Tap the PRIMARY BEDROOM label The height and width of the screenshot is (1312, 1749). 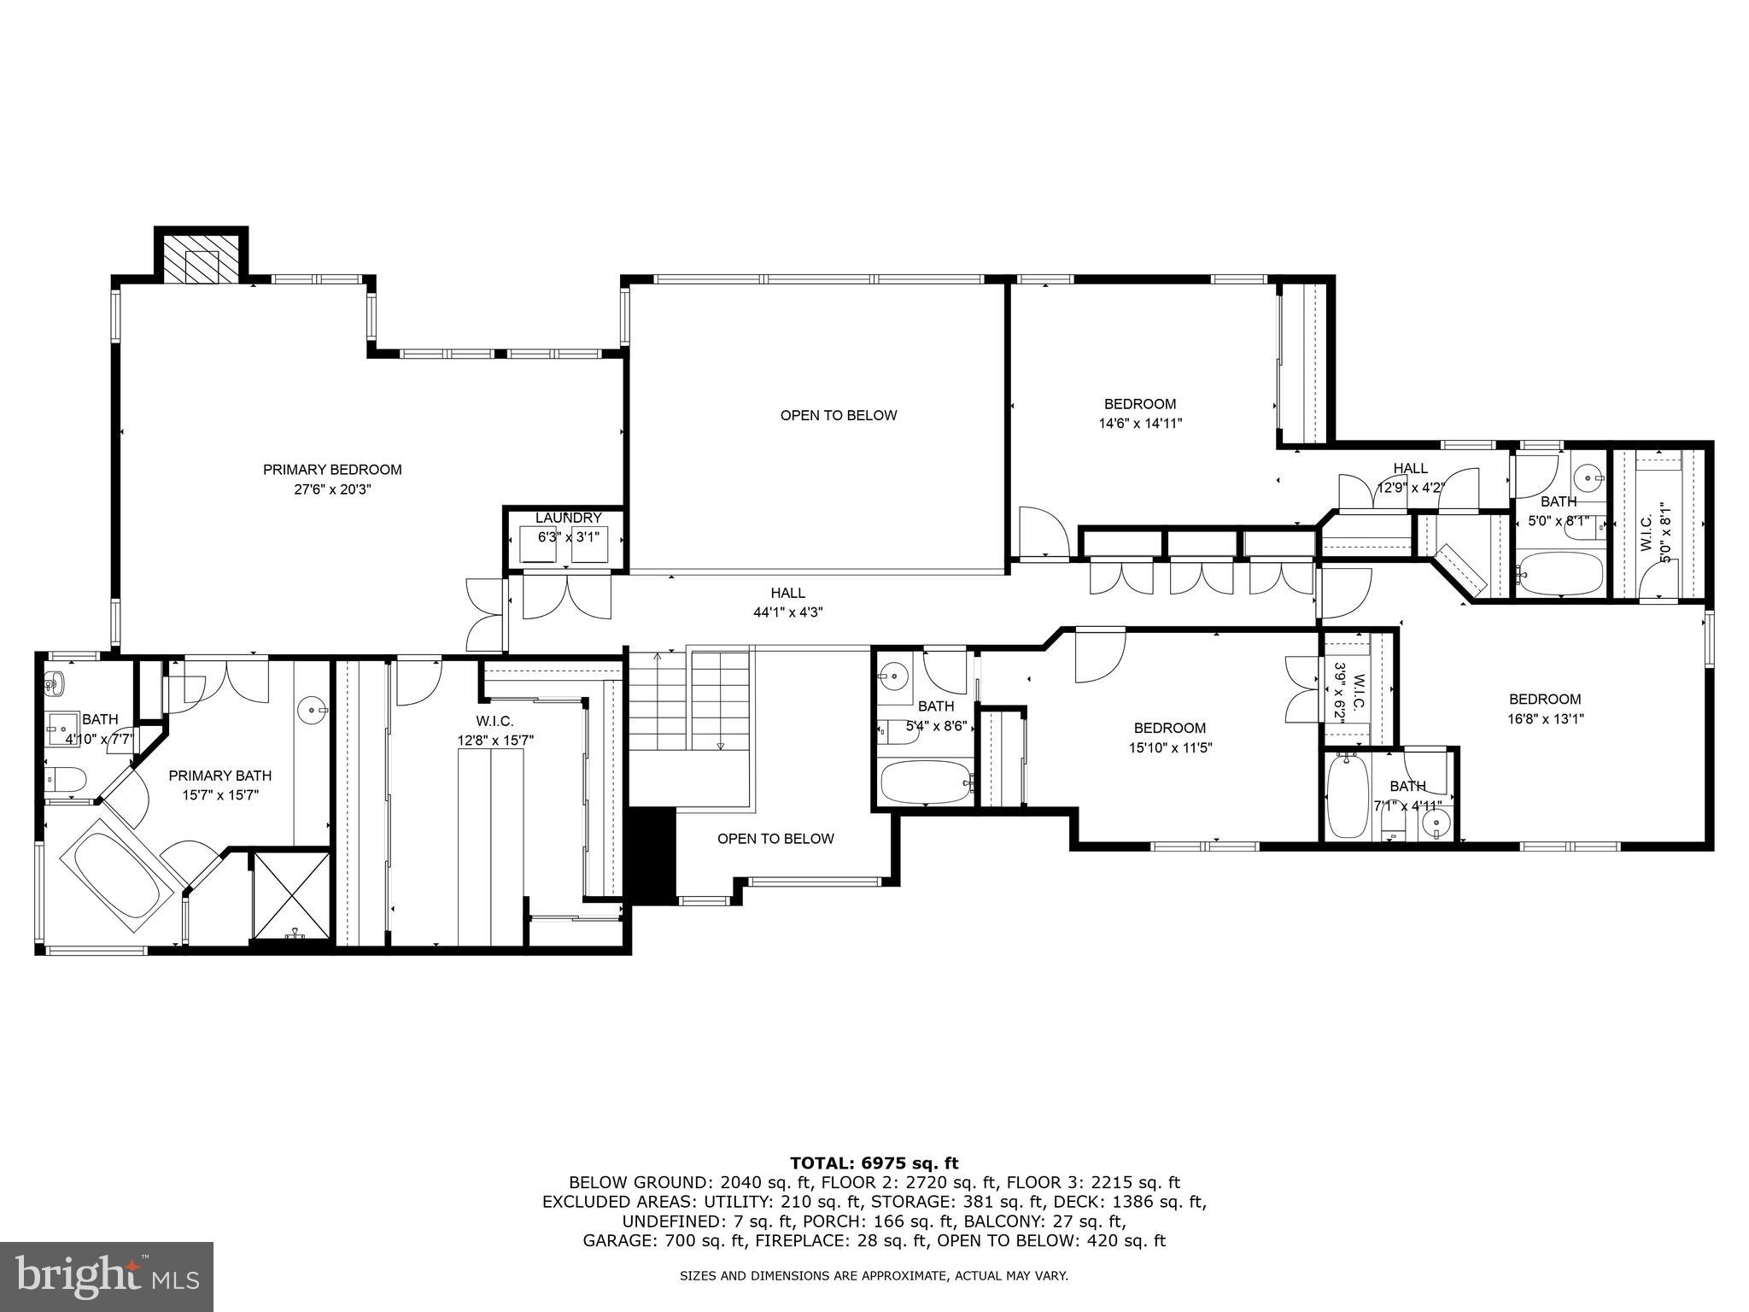tap(331, 470)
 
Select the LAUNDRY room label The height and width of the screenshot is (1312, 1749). tap(568, 518)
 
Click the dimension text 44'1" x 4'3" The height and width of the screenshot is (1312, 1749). tap(787, 612)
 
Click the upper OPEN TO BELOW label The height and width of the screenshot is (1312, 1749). tap(838, 416)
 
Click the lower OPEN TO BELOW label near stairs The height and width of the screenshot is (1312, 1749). tap(775, 839)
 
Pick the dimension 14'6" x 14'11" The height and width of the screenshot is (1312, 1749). tap(1140, 423)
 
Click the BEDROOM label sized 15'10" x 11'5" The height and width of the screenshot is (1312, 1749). tap(1169, 728)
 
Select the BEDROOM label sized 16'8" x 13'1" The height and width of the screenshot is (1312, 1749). tap(1544, 699)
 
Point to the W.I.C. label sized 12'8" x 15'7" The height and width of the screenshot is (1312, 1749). tap(494, 721)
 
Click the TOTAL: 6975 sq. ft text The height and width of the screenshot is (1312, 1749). tap(874, 1163)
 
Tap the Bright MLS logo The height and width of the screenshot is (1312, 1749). tap(106, 1276)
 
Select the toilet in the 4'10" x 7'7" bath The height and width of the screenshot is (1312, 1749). tap(67, 779)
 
